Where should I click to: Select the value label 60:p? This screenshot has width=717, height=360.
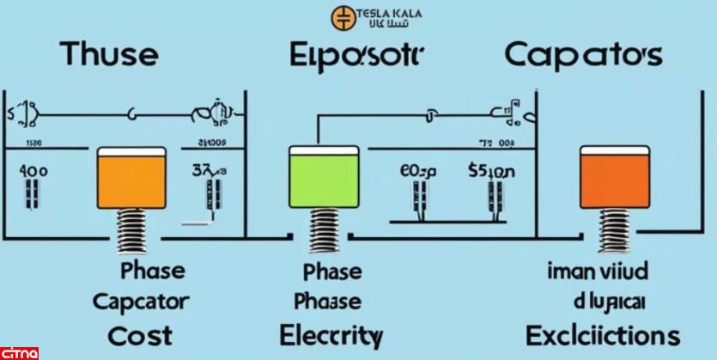tap(419, 171)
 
